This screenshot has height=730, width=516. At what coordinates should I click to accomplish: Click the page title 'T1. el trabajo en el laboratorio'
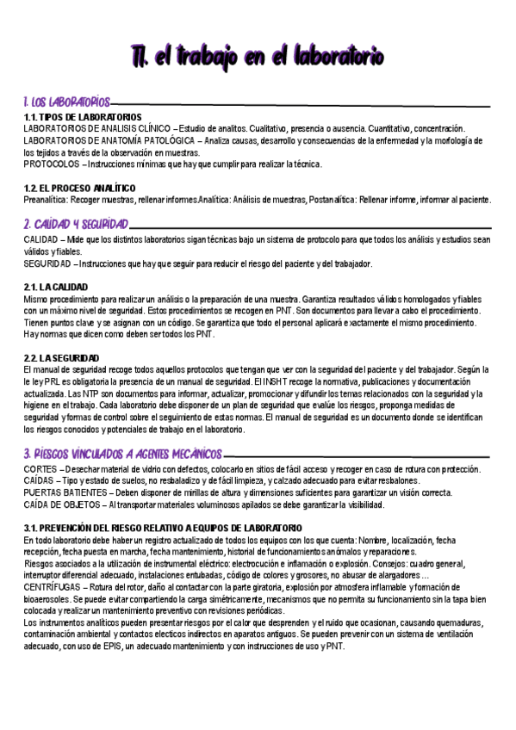coord(258,56)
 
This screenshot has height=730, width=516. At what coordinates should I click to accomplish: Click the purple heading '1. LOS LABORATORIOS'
coord(67,102)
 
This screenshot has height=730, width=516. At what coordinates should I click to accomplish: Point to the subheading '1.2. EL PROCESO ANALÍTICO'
coord(79,188)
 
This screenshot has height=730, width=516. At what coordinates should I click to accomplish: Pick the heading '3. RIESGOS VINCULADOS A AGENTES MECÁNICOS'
coord(133,453)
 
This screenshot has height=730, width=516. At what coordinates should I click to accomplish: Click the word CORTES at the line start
coord(40,468)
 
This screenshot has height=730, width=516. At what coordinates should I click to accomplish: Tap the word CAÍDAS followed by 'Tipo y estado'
coord(40,480)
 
